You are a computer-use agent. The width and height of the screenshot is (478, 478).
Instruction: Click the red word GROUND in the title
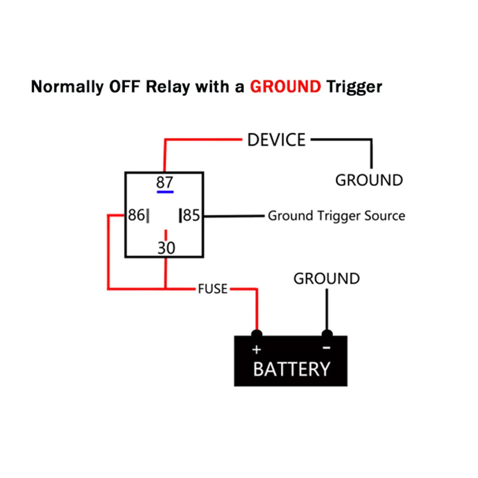[x=285, y=87]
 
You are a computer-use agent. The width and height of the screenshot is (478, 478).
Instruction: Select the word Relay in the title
[x=167, y=87]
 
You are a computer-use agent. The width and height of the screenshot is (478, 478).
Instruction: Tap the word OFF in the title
[x=125, y=87]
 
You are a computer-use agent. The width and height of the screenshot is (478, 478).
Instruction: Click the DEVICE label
[x=276, y=140]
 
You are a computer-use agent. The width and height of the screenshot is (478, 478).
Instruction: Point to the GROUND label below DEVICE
[x=369, y=180]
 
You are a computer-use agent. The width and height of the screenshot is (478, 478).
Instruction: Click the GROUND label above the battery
[x=327, y=279]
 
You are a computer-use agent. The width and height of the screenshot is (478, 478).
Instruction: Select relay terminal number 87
[x=164, y=183]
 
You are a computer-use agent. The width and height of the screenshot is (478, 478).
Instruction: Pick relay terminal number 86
[x=136, y=215]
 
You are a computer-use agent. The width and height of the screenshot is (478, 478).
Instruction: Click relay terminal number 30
[x=166, y=248]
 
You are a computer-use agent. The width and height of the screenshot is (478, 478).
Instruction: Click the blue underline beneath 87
[x=165, y=192]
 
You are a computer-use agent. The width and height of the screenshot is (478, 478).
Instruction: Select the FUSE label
[x=213, y=289]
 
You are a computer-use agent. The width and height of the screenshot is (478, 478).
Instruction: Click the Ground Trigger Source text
[x=337, y=216]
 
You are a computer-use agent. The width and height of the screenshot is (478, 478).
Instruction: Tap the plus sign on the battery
[x=257, y=350]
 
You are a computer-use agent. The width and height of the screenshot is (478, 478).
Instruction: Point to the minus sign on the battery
[x=327, y=348]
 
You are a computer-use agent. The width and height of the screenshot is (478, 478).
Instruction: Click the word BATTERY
[x=292, y=369]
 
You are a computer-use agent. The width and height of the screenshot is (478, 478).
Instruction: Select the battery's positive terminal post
[x=257, y=334]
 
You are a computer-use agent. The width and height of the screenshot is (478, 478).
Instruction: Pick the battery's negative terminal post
[x=327, y=334]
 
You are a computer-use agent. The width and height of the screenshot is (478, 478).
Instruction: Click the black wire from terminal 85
[x=234, y=216]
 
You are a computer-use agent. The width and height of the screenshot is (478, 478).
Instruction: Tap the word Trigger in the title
[x=354, y=87]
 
